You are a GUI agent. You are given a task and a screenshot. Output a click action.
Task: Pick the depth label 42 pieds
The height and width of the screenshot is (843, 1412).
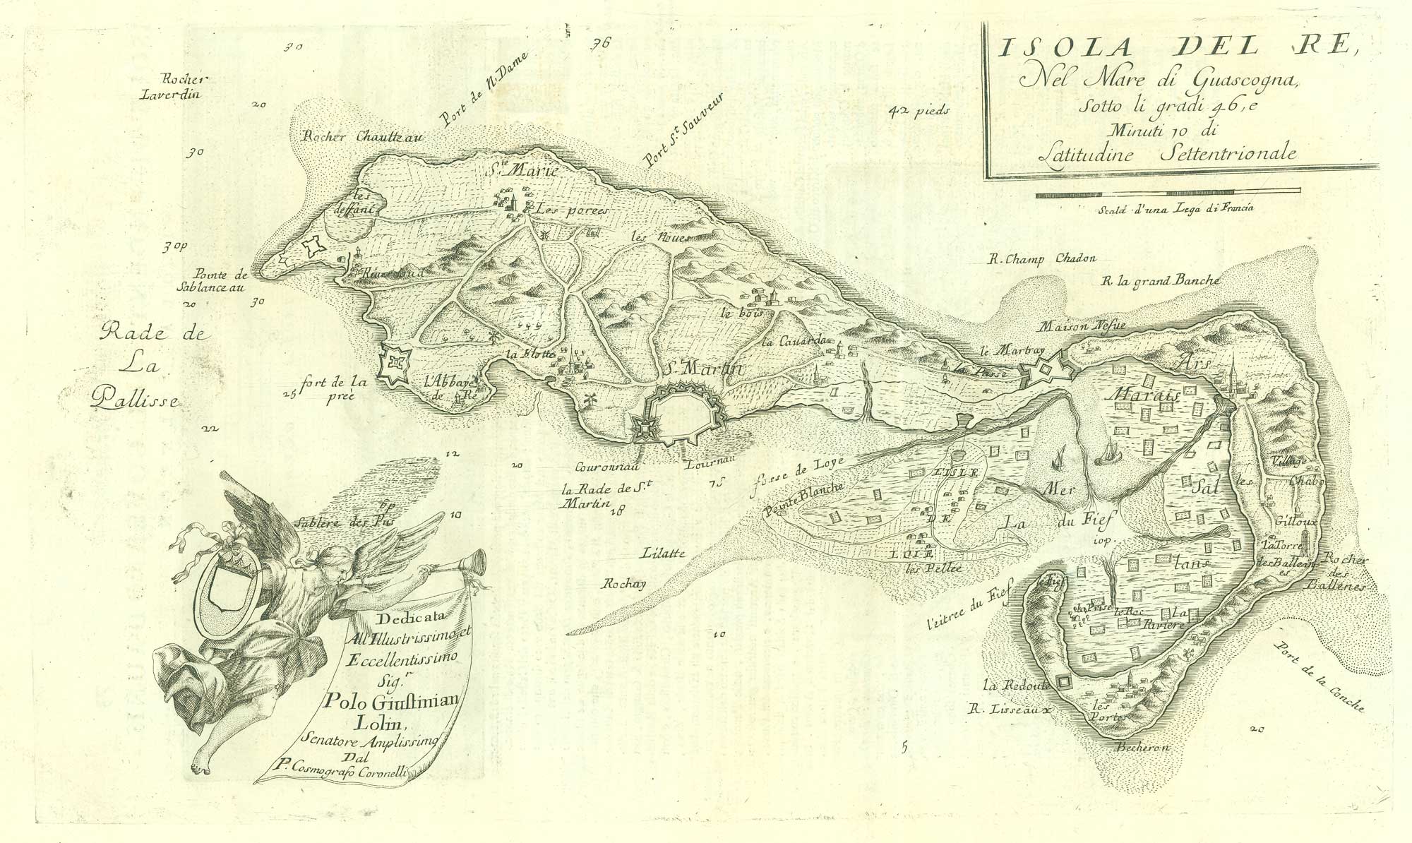[920, 112]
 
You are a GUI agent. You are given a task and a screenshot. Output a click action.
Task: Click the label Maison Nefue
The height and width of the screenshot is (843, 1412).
[1082, 327]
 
